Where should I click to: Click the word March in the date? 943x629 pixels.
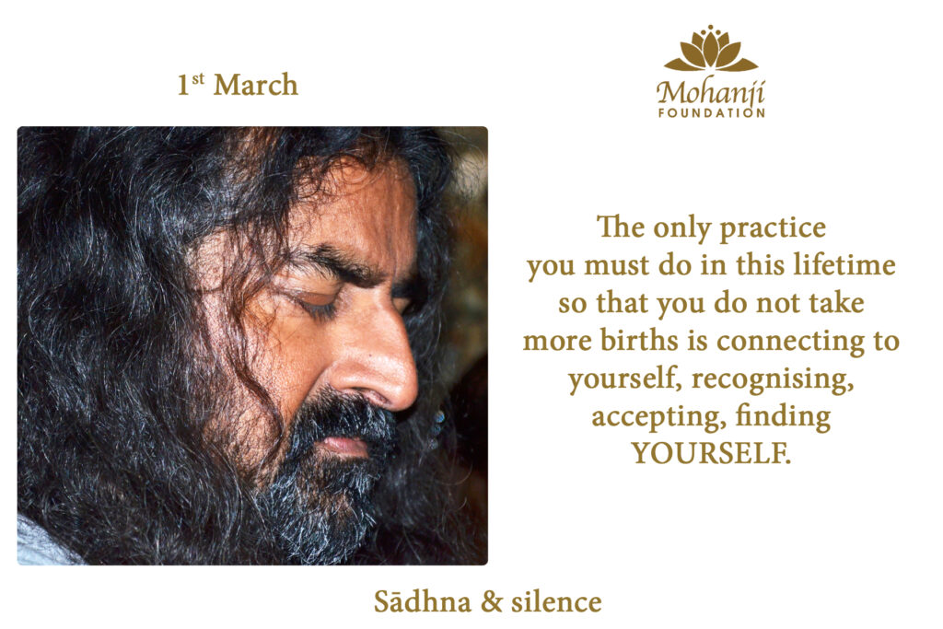[256, 85]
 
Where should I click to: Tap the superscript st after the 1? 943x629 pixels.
[198, 79]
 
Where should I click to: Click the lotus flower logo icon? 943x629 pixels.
[711, 49]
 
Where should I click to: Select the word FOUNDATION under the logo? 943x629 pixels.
[712, 112]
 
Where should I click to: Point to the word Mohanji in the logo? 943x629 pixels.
[711, 92]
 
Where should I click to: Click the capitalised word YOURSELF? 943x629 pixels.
[711, 453]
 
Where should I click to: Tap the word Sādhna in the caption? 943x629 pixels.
[422, 601]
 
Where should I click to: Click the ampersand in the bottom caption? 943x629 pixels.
[491, 602]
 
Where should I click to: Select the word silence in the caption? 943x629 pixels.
[556, 601]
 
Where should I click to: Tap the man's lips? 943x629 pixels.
[343, 445]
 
